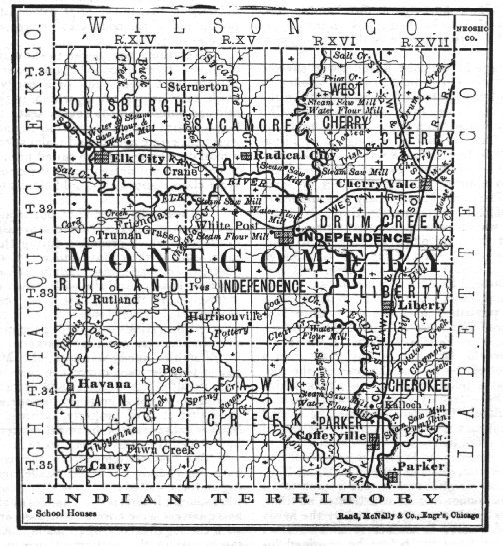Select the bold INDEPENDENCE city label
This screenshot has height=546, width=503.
pyautogui.click(x=355, y=238)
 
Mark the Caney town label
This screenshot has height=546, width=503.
pyautogui.click(x=102, y=466)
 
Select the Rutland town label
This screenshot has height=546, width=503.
pyautogui.click(x=111, y=298)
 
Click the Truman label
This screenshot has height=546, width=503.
pyautogui.click(x=120, y=235)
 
